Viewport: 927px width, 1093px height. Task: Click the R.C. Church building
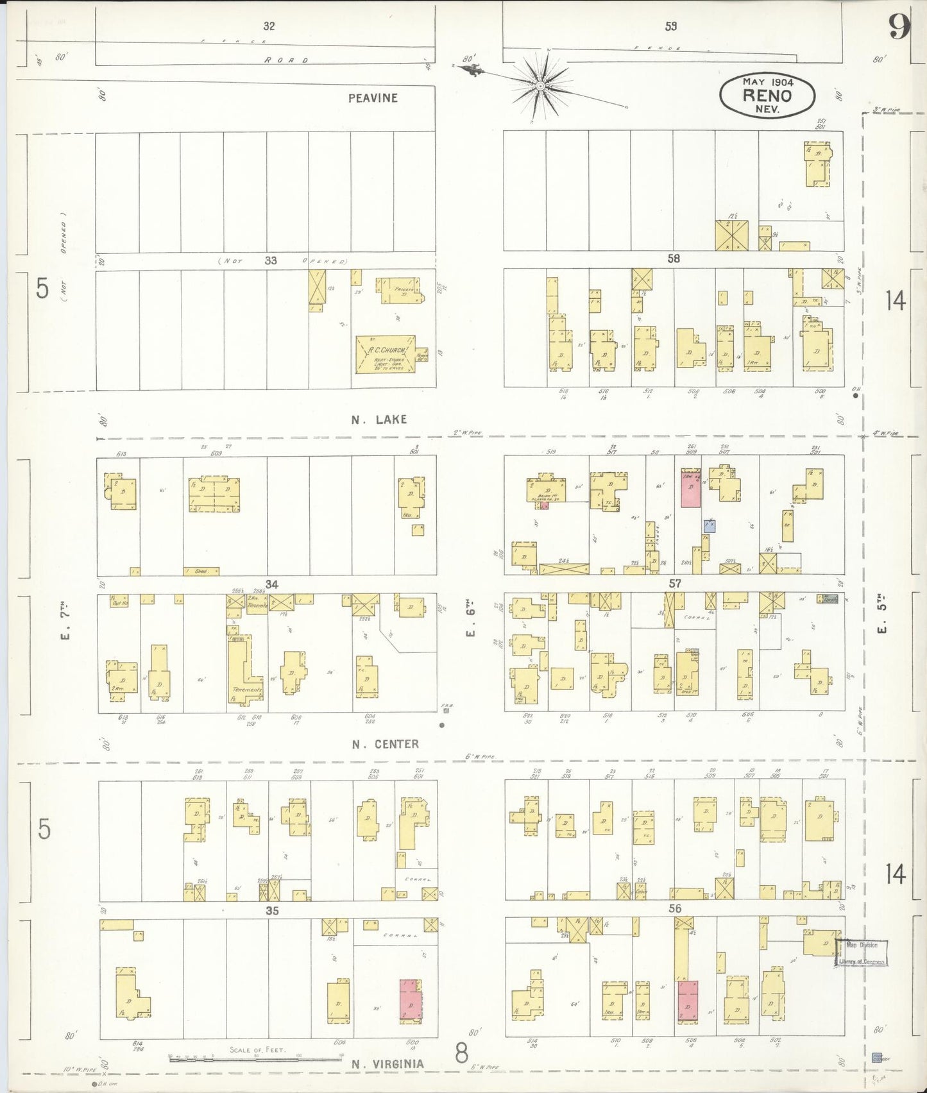[385, 354]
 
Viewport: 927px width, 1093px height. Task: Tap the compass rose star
[541, 85]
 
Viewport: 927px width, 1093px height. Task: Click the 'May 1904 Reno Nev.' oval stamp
[767, 96]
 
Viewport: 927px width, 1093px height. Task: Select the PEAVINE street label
[373, 98]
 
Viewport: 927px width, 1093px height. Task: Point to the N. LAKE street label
[378, 419]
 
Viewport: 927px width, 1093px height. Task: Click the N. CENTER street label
[385, 744]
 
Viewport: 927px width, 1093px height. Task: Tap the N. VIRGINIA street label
[387, 1064]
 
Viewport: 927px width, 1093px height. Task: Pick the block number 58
[674, 258]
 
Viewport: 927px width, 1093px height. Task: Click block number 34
[272, 584]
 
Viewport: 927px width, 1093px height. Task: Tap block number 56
[675, 908]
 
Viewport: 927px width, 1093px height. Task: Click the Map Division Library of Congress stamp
[861, 953]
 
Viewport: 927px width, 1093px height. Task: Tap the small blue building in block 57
[709, 526]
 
